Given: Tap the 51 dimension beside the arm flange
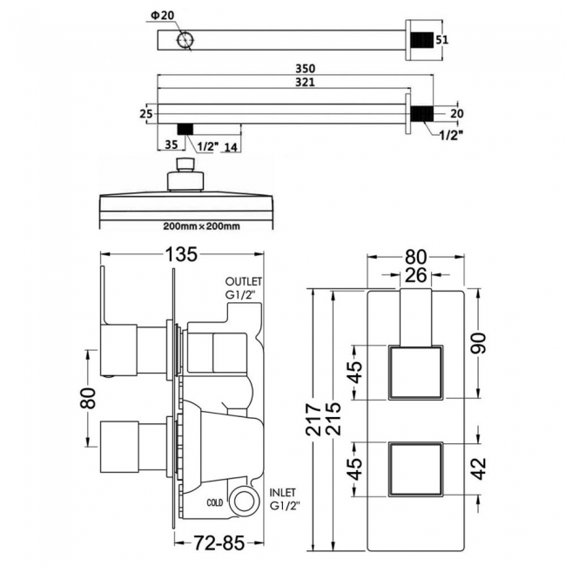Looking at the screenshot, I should [x=443, y=40].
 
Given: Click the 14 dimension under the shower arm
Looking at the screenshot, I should [x=230, y=145].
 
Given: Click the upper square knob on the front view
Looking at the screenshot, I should [x=415, y=373].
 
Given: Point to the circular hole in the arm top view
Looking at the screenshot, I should [x=186, y=41].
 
